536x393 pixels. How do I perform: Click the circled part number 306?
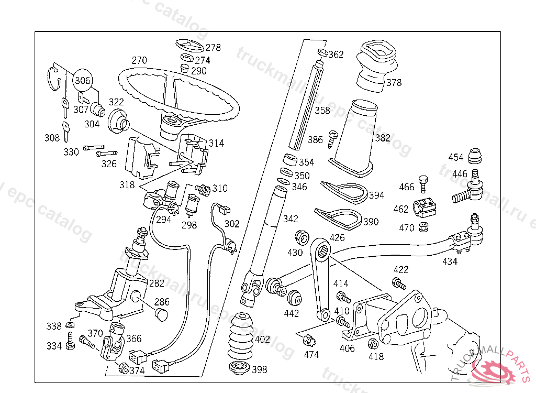[82, 81]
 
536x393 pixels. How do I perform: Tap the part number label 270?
[139, 60]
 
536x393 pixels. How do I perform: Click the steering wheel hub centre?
[171, 123]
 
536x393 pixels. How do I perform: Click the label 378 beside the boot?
[394, 82]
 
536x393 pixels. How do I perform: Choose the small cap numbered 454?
[474, 156]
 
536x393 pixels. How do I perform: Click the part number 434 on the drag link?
[450, 261]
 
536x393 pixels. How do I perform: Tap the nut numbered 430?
[301, 237]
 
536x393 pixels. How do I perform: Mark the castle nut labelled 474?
[308, 341]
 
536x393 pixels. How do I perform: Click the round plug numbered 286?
[161, 313]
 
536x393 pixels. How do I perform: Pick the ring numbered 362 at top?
[322, 52]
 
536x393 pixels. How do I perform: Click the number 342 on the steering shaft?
[291, 219]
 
